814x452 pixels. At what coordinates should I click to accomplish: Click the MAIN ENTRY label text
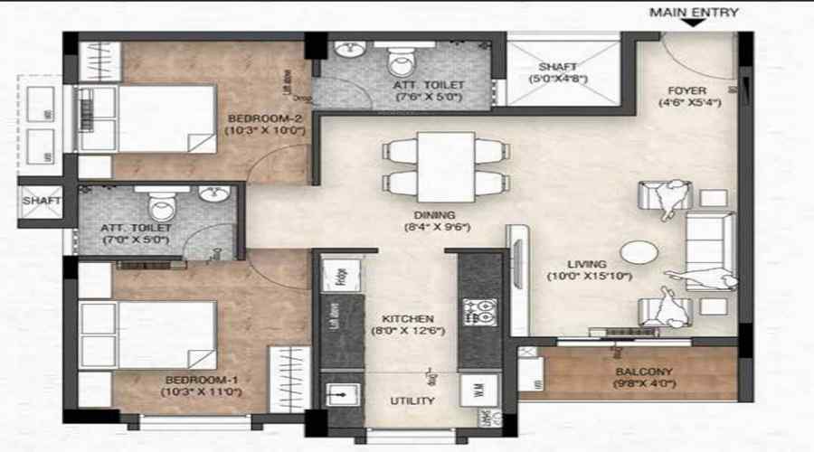click(x=694, y=13)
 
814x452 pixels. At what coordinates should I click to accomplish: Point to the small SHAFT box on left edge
click(x=41, y=201)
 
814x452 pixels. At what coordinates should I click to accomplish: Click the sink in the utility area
click(x=342, y=395)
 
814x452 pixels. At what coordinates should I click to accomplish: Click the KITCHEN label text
click(x=407, y=319)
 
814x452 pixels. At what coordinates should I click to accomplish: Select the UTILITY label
click(x=412, y=400)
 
